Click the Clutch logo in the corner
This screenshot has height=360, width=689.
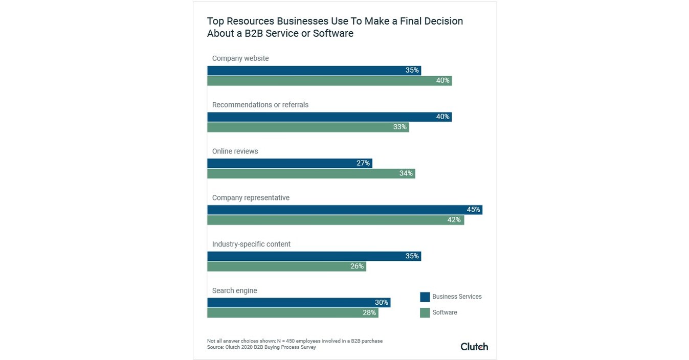474,346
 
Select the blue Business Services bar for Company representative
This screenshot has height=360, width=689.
344,210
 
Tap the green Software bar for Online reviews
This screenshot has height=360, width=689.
310,173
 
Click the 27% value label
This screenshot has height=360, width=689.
363,163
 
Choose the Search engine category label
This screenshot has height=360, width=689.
234,290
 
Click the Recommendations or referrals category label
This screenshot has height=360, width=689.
260,105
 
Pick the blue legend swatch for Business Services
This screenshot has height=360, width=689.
425,297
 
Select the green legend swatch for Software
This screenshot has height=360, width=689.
425,312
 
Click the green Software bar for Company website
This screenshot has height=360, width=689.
329,80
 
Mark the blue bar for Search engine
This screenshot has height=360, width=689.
298,303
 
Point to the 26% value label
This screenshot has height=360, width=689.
357,266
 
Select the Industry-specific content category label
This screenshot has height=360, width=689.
251,244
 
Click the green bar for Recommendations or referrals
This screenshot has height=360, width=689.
307,127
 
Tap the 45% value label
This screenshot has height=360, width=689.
473,210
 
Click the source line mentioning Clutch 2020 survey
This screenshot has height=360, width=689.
261,347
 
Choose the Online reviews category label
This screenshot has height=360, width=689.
235,151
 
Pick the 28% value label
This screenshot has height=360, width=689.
369,312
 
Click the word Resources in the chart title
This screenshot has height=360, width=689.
249,21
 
